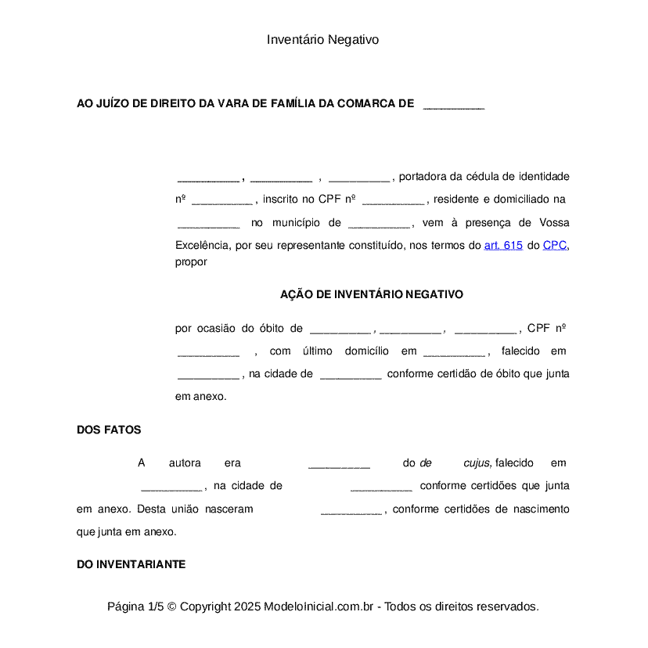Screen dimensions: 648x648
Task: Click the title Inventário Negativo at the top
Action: (x=322, y=39)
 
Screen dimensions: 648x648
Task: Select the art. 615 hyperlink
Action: (x=503, y=245)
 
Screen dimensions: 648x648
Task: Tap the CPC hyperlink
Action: (x=554, y=245)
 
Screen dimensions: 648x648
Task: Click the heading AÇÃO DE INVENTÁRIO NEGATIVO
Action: (x=372, y=294)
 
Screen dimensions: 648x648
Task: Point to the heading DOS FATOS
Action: (x=109, y=430)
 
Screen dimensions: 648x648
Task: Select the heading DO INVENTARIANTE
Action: (x=131, y=563)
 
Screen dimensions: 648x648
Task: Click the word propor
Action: (x=191, y=262)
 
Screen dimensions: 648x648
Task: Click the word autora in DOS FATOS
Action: (x=185, y=463)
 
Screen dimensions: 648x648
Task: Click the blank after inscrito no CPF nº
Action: (x=393, y=200)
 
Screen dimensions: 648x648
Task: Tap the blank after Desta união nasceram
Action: (x=351, y=509)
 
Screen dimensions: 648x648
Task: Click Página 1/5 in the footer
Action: (x=135, y=607)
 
